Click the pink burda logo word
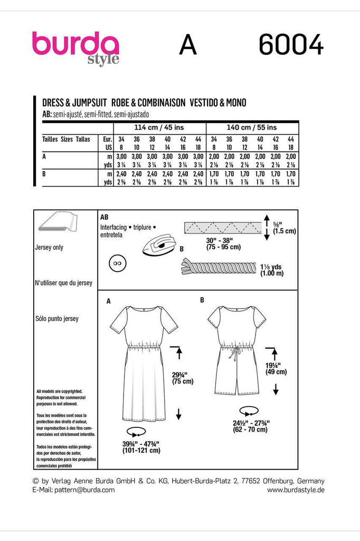(75, 44)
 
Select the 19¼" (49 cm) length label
(276, 368)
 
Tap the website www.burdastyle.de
(296, 490)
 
